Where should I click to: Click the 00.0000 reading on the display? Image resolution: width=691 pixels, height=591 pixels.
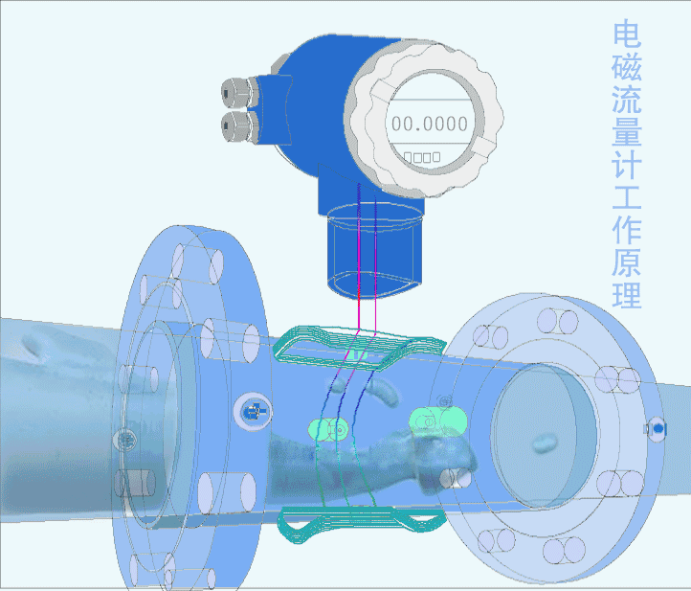[430, 124]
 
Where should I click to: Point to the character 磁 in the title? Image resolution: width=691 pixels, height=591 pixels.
[627, 67]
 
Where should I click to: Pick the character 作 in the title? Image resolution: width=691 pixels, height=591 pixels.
[627, 230]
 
